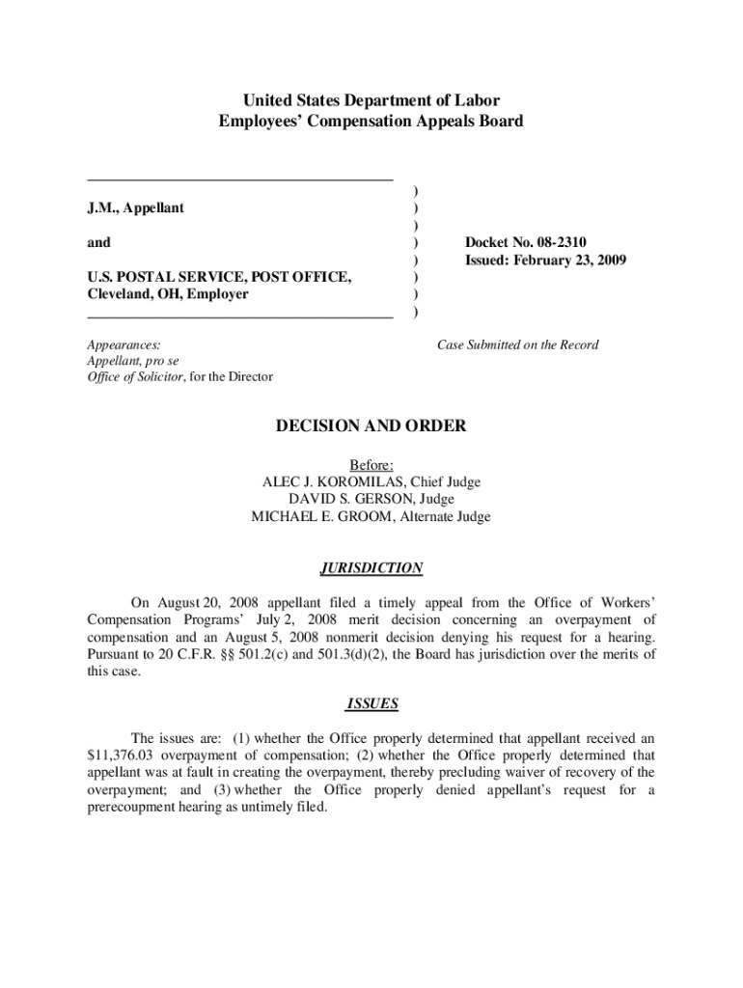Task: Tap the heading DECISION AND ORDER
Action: pos(371,426)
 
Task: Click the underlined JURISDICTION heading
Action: pos(371,568)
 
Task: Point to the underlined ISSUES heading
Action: pos(371,703)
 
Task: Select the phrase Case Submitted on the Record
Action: pos(518,345)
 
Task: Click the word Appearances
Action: pos(124,344)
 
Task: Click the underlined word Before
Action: pos(371,465)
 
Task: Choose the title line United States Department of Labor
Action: pos(371,100)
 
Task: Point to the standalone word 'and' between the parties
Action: pos(98,243)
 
